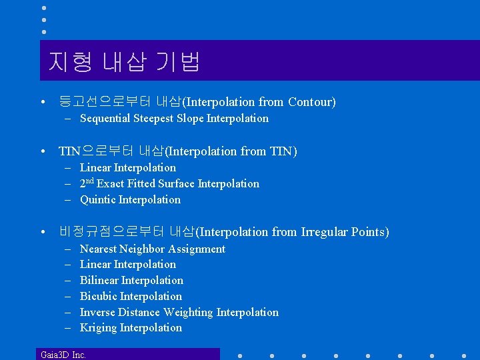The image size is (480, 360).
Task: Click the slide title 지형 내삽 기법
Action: pos(124,62)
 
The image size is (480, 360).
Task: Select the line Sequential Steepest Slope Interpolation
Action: pos(174,119)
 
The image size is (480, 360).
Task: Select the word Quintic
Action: pos(97,199)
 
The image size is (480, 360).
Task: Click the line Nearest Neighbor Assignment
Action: pos(153,249)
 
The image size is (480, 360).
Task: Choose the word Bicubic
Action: pos(99,296)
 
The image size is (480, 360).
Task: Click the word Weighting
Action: pos(188,312)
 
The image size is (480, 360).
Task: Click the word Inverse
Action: pos(97,312)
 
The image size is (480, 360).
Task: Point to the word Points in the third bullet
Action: pos(369,232)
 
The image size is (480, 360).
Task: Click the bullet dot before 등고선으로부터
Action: pos(43,103)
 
